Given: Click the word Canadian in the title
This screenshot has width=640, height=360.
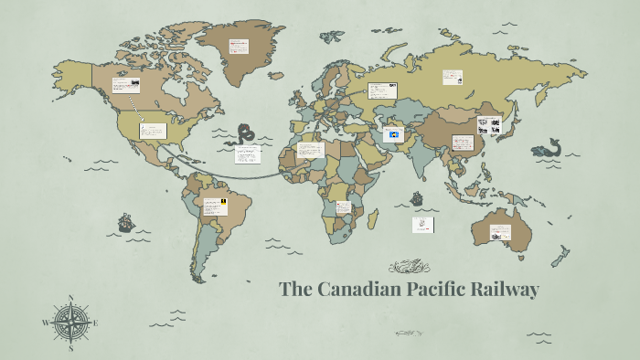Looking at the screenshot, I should (353, 291).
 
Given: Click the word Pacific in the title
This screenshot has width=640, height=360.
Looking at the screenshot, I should (434, 291).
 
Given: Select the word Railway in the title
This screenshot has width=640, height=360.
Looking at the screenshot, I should (506, 291).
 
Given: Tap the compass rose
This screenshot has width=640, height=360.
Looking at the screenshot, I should (70, 323).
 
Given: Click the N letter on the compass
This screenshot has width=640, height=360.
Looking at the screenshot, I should (70, 298).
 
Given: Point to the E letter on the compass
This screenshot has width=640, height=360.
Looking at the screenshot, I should (95, 323).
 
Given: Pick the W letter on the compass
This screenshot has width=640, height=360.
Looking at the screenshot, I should (45, 323).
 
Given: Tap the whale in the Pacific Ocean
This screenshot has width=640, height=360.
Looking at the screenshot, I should (550, 147).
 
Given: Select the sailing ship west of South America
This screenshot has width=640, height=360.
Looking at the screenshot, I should (125, 222).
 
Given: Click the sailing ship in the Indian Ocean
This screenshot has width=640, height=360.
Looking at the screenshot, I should (417, 197).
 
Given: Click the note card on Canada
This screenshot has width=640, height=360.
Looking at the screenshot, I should (127, 86).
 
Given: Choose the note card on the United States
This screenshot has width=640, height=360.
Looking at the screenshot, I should (153, 131).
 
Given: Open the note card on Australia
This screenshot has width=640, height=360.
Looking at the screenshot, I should (500, 232).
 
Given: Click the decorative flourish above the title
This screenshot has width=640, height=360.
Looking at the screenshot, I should (409, 267).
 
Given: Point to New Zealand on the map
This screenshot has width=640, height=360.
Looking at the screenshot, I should (560, 258).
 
